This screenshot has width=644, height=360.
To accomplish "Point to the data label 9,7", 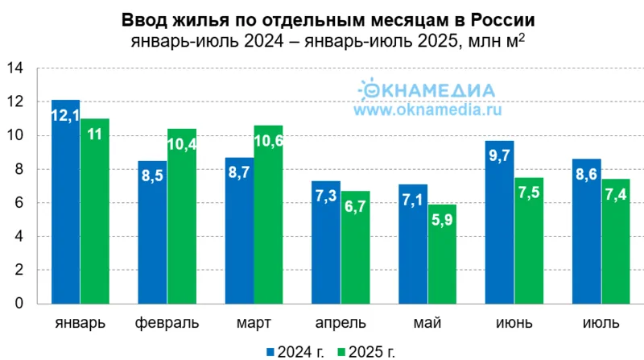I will pos(500,157).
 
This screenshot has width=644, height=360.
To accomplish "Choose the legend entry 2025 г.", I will pos(368,351).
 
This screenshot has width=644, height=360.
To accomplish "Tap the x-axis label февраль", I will pos(167,324).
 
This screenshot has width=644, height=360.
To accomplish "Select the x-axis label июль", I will pos(601,324).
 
